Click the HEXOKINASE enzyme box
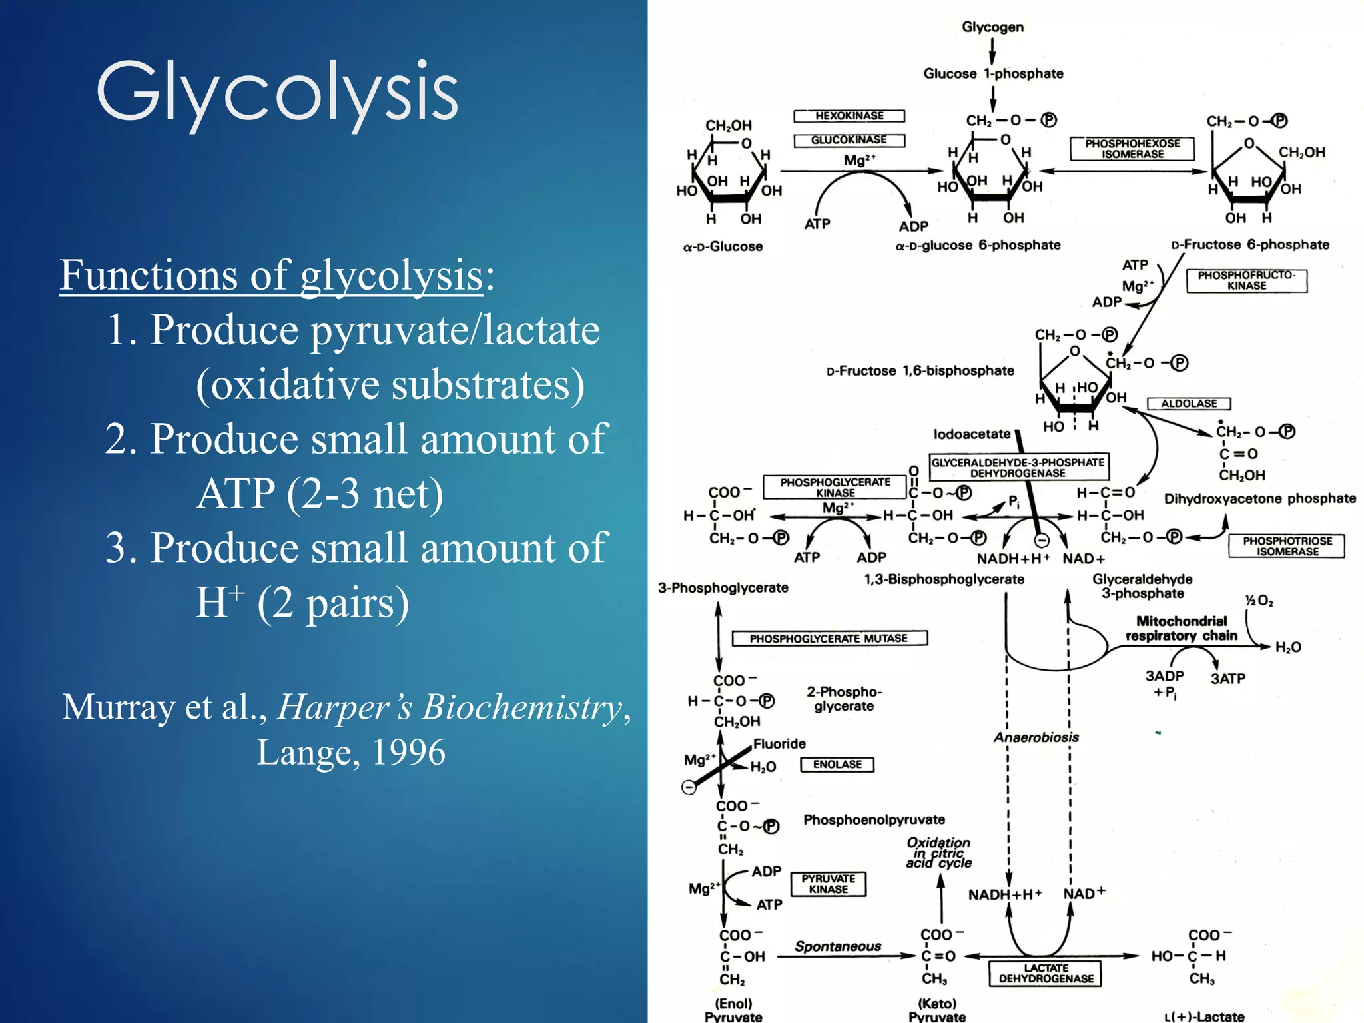(849, 116)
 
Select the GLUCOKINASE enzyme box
(849, 140)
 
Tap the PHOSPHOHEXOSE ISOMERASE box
(1132, 149)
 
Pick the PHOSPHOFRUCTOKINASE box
(1247, 280)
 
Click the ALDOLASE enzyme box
(1189, 404)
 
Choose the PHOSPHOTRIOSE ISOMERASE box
(1287, 546)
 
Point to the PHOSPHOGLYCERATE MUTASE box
(829, 639)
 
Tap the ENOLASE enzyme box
(837, 765)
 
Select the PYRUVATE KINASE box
(829, 884)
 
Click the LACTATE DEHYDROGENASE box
(1046, 973)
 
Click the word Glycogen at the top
(992, 27)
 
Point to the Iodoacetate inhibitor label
(972, 434)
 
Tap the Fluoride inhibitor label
(779, 744)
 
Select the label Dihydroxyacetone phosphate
(1259, 499)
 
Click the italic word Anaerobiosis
(1036, 737)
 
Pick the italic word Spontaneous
(838, 946)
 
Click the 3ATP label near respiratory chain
(1227, 679)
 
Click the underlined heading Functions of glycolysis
(272, 275)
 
